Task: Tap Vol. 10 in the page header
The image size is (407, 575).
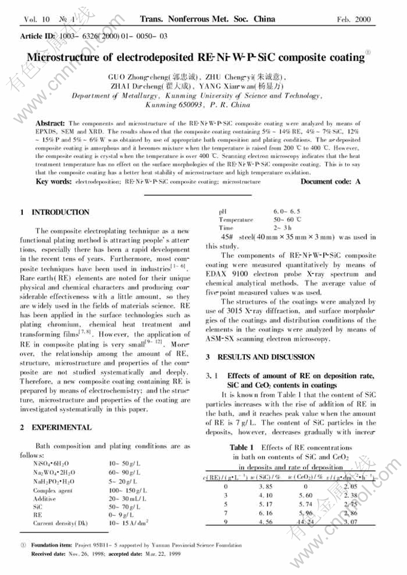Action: (x=36, y=20)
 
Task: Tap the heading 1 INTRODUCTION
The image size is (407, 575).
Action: (x=54, y=212)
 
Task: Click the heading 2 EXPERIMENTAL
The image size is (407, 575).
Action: (x=54, y=427)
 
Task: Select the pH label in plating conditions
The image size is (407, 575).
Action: (x=223, y=212)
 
